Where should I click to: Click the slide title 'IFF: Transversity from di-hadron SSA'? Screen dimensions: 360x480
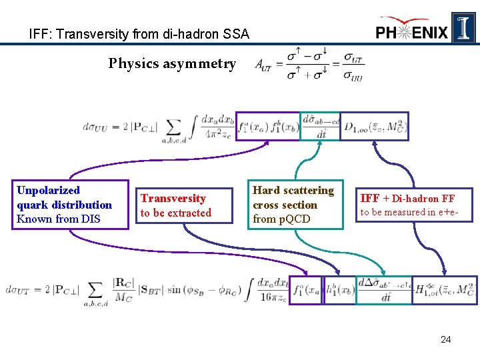[139, 33]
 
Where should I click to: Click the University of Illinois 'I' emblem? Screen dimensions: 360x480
[463, 27]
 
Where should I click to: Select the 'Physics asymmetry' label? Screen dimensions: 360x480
[172, 64]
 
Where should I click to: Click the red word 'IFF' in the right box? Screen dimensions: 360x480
[370, 198]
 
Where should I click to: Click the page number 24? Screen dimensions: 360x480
[446, 340]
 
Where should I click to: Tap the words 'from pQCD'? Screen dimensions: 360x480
[281, 219]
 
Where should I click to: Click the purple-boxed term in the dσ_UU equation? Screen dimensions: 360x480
[268, 126]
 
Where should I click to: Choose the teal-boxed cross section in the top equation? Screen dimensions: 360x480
[319, 126]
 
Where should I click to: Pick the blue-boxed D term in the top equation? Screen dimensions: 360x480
[374, 126]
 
